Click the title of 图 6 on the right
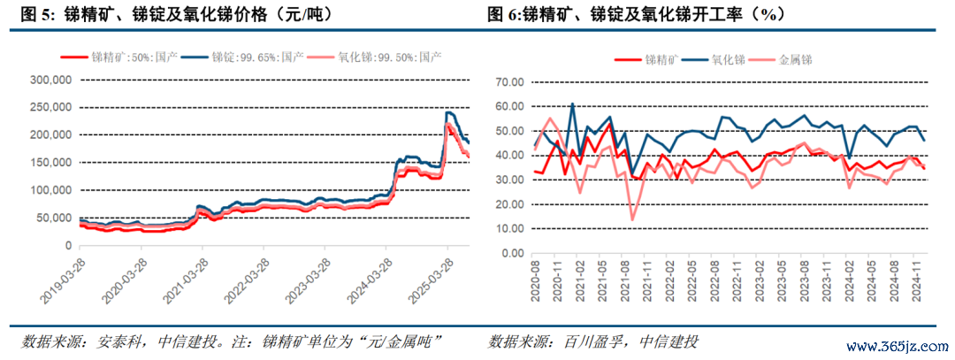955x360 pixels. [x=636, y=15]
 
